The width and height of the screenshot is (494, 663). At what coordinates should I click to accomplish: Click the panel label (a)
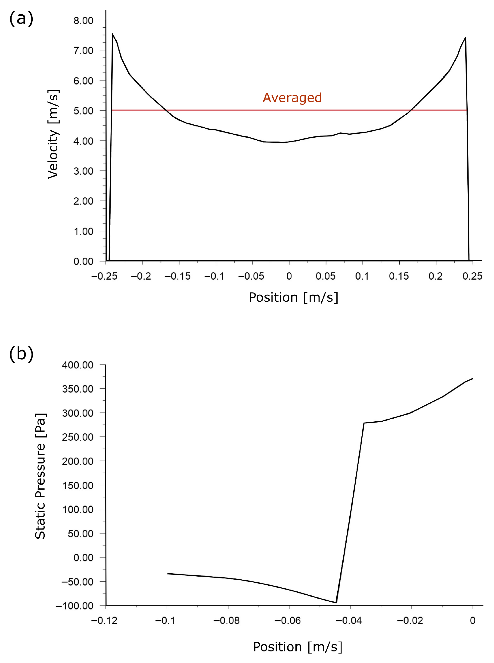[21, 19]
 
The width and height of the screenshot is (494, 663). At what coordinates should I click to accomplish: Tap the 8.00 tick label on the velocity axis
[84, 21]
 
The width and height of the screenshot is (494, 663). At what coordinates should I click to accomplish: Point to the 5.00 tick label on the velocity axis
[84, 111]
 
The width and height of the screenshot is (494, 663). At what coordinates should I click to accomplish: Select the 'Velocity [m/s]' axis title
[53, 134]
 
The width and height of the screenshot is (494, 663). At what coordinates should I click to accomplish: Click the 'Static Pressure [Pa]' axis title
[40, 476]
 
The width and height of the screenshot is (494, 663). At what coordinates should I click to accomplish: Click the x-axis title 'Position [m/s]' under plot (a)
[293, 297]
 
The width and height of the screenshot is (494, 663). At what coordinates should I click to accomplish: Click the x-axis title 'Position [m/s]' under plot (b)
[298, 647]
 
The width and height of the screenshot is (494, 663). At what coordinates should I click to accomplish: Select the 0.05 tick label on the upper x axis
[326, 276]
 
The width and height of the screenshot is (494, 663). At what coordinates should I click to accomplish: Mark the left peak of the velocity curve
[112, 34]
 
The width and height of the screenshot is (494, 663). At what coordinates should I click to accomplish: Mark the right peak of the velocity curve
[465, 38]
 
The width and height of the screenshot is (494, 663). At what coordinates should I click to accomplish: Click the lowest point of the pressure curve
[336, 603]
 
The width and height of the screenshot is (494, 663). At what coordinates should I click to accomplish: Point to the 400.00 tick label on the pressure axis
[78, 365]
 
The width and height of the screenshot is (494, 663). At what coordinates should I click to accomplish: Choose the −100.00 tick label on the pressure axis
[75, 606]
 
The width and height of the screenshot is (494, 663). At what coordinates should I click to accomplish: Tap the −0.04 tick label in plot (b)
[349, 621]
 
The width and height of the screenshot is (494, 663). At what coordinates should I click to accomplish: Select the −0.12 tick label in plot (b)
[104, 621]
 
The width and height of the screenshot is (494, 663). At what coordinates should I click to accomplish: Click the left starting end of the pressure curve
[168, 574]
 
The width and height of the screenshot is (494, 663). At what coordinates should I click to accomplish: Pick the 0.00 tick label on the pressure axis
[84, 557]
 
